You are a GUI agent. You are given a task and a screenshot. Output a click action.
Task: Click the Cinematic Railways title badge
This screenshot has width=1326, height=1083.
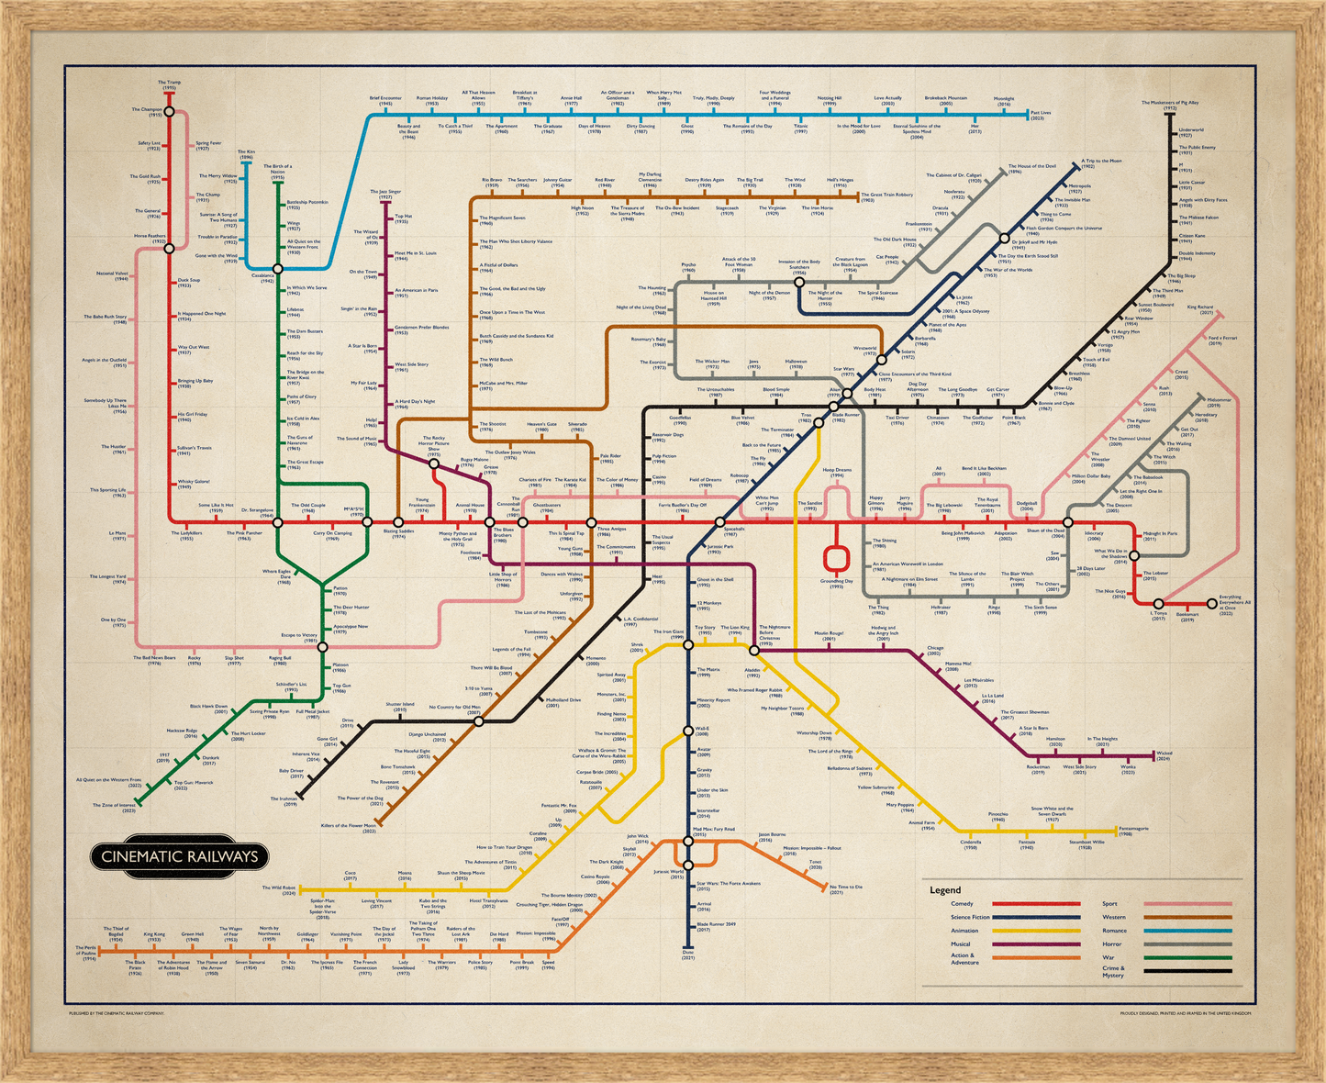[x=179, y=856]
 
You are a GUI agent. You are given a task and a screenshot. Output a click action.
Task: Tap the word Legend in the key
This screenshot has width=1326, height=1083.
[x=945, y=890]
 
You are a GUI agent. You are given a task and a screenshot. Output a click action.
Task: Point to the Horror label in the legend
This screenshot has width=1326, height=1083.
[x=1111, y=943]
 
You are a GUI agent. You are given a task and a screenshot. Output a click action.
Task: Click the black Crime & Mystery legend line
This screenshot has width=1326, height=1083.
[x=1187, y=970]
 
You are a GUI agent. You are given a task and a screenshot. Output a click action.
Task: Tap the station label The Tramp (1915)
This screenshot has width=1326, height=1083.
[x=169, y=84]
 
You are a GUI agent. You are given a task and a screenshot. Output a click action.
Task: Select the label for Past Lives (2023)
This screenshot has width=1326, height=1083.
[x=1041, y=116]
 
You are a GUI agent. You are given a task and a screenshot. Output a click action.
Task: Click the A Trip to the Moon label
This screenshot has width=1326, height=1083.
[x=1101, y=162]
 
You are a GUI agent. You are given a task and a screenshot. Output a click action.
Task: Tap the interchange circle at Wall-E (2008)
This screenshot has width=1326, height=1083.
[x=688, y=731]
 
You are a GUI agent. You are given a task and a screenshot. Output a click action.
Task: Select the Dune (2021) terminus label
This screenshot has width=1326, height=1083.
[x=688, y=956]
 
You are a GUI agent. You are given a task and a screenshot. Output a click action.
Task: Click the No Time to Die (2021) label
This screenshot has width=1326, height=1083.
[x=846, y=888]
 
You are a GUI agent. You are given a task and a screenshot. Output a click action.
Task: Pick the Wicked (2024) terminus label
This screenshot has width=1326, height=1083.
[x=1164, y=755]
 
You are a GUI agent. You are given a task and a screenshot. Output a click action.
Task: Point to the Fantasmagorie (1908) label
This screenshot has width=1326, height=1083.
[x=1138, y=832]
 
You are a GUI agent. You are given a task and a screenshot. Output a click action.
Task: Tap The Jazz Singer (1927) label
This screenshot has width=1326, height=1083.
[x=385, y=194]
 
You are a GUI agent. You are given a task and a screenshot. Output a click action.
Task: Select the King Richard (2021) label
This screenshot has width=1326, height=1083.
[x=1199, y=310]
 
